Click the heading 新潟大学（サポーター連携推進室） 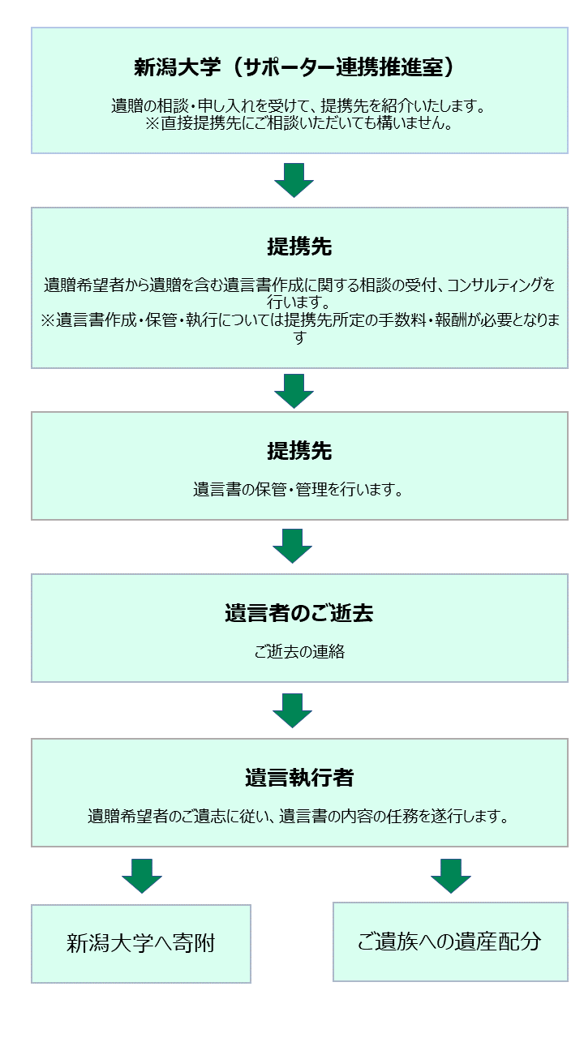294,67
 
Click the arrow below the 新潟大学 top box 294,180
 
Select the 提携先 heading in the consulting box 299,246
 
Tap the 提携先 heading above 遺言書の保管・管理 299,450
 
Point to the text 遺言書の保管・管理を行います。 298,489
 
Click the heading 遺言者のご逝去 299,612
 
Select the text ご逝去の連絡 299,651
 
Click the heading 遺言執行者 299,777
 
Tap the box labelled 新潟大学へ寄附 141,943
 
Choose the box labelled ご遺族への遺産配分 450,941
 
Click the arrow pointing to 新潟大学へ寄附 142,876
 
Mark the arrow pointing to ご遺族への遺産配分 450,876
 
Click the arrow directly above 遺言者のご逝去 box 293,546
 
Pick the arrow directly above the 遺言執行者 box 293,710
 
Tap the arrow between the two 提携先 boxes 294,391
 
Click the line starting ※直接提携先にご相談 299,124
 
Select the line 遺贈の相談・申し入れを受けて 298,106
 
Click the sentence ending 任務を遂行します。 298,816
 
